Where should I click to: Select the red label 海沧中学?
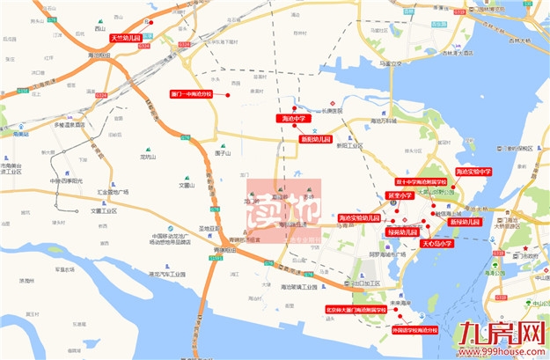tap(293, 117)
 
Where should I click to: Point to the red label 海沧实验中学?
tap(473, 172)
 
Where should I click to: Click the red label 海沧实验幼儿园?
tap(360, 217)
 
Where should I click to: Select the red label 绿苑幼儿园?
tap(401, 231)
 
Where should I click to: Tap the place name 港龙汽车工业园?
tap(168, 275)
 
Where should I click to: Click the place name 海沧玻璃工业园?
tap(298, 287)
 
